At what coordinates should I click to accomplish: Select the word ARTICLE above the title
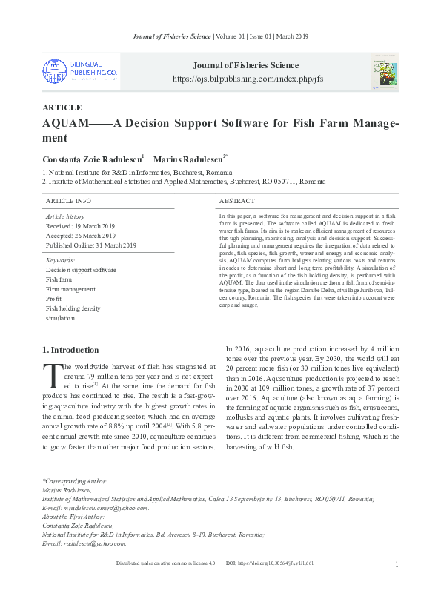click(x=62, y=107)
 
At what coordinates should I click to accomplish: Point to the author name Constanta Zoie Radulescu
click(x=91, y=159)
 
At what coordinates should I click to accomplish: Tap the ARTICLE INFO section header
click(x=69, y=201)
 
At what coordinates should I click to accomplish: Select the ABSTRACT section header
click(x=237, y=201)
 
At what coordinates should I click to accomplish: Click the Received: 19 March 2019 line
click(x=81, y=225)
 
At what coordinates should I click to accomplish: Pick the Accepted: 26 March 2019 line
click(x=81, y=235)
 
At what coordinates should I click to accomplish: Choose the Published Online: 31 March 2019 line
click(x=91, y=245)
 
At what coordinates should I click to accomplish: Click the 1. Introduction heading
click(x=70, y=350)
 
